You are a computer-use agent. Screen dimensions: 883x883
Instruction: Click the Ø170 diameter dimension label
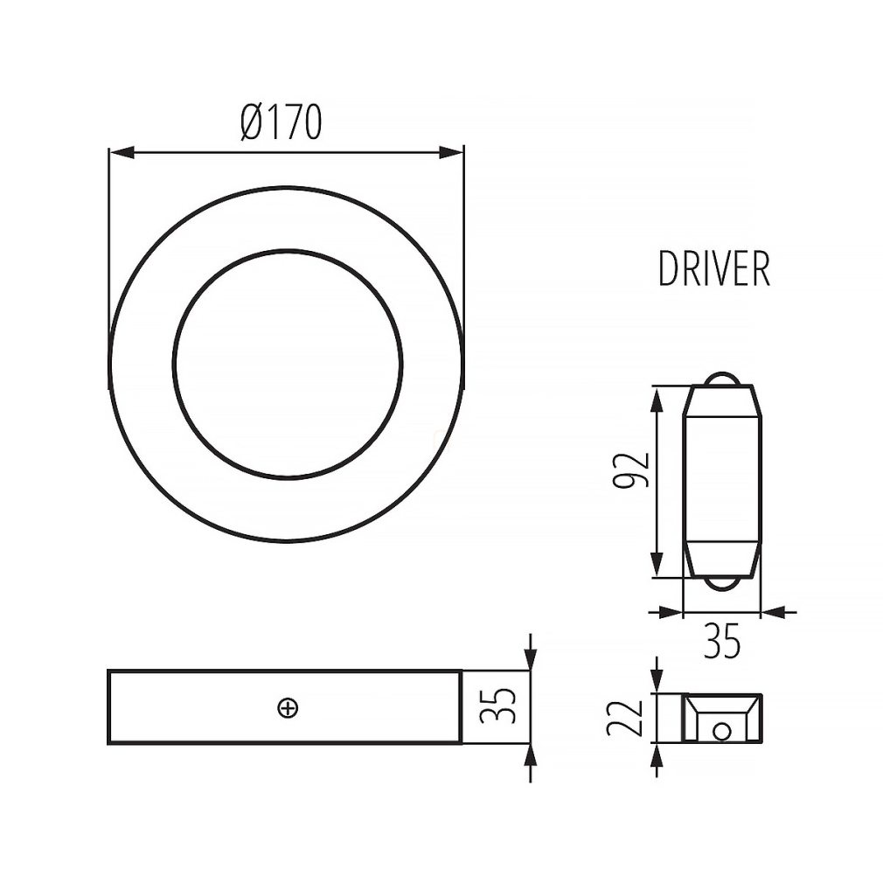coord(281,122)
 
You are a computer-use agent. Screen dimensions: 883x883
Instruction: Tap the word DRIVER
coord(714,270)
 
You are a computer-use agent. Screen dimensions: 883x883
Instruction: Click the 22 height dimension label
coord(624,718)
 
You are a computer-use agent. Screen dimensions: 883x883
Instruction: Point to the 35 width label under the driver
coord(722,641)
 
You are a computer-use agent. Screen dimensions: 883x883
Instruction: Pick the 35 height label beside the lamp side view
coord(497,706)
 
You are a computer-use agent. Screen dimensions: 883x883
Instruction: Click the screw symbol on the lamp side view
coord(288,708)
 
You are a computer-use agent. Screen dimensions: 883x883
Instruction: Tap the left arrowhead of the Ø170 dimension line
coord(122,152)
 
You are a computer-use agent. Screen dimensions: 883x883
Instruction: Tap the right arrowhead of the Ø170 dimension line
coord(450,152)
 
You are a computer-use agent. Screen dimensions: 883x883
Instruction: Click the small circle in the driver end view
coord(721,732)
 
